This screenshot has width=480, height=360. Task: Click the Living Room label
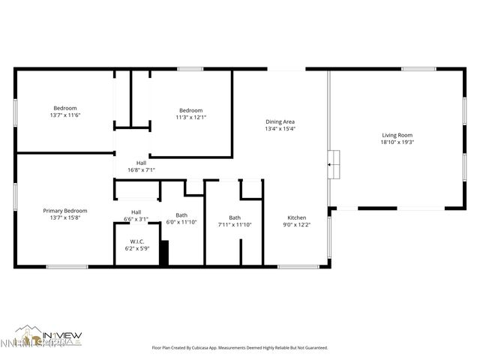click(397, 134)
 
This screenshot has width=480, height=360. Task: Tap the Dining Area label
click(280, 121)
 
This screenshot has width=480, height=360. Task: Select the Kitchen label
click(297, 217)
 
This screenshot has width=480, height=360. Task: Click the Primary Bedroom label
click(64, 211)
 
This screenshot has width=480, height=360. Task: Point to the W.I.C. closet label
click(136, 241)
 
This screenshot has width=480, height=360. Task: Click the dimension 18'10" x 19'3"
click(397, 142)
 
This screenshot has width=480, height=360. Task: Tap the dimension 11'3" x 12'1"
click(190, 117)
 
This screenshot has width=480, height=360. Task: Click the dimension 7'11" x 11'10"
click(235, 224)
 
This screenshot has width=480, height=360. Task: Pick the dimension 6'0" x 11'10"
click(181, 222)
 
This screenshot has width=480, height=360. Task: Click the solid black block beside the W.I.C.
click(164, 252)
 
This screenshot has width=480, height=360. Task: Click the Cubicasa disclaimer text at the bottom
click(240, 348)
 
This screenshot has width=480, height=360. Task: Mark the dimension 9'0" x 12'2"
click(297, 224)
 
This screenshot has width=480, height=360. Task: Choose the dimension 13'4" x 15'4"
click(280, 129)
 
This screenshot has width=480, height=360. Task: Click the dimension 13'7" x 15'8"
click(64, 218)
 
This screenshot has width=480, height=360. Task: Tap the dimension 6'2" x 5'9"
click(136, 248)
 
